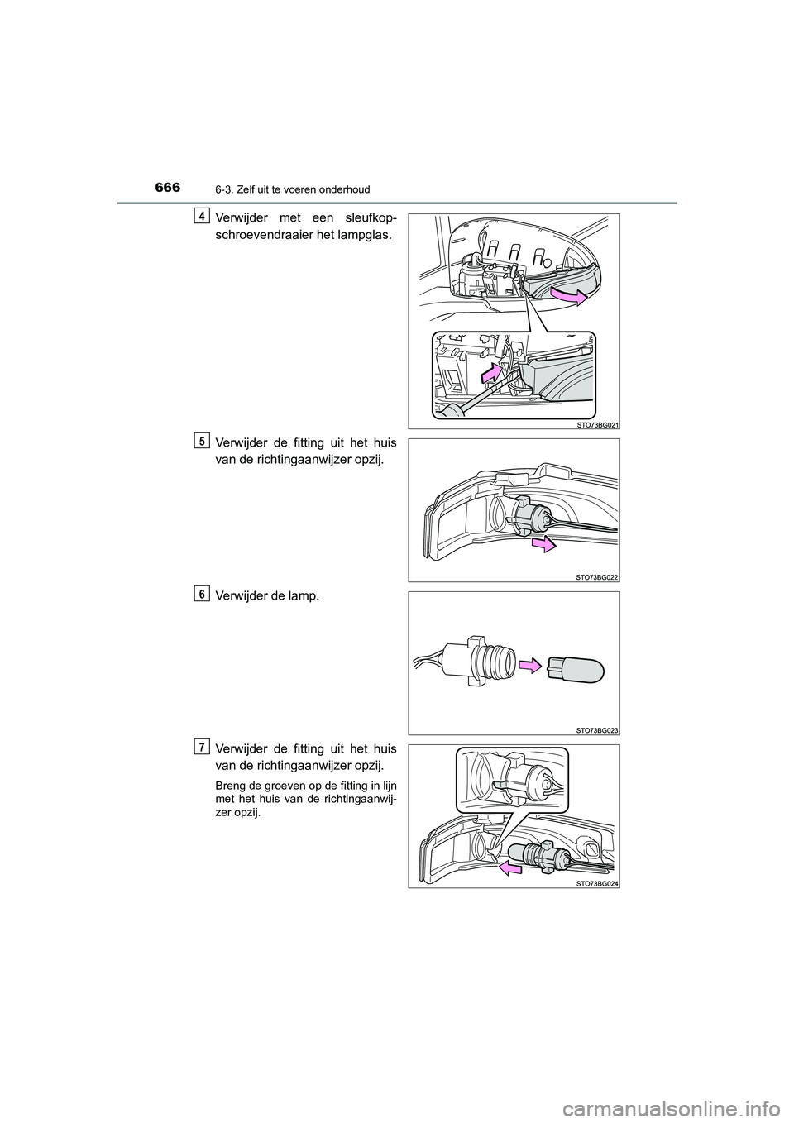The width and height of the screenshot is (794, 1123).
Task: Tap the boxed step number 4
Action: click(200, 216)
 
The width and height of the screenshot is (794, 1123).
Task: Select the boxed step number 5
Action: click(200, 441)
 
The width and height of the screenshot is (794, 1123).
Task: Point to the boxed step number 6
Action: click(200, 594)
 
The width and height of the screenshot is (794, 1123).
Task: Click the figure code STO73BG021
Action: click(597, 424)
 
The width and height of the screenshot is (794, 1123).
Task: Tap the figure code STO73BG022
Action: click(597, 577)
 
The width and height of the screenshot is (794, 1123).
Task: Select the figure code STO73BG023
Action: click(597, 730)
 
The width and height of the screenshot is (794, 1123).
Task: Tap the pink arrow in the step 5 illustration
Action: click(544, 543)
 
